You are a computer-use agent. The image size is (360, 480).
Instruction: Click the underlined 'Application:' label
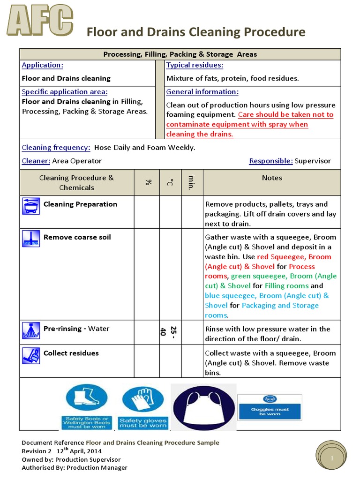pyautogui.click(x=42, y=65)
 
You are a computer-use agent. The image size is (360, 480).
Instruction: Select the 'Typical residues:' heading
pyautogui.click(x=195, y=65)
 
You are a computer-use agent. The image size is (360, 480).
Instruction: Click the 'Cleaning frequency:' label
pyautogui.click(x=56, y=148)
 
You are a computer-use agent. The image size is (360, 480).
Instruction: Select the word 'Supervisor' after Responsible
pyautogui.click(x=313, y=161)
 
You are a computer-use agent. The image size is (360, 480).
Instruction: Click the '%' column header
pyautogui.click(x=148, y=182)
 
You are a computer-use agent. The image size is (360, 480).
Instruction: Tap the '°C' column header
pyautogui.click(x=170, y=182)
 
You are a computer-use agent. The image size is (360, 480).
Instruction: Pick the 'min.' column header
pyautogui.click(x=192, y=182)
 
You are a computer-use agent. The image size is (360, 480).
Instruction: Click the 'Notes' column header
pyautogui.click(x=272, y=178)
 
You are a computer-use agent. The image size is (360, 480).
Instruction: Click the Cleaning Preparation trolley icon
pyautogui.click(x=31, y=206)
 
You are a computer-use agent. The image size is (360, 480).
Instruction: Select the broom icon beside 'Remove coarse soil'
pyautogui.click(x=31, y=239)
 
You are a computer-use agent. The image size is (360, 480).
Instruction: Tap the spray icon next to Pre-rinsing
pyautogui.click(x=31, y=330)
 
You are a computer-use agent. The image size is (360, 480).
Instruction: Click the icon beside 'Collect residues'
pyautogui.click(x=31, y=355)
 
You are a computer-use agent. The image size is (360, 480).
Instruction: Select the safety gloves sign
pyautogui.click(x=143, y=407)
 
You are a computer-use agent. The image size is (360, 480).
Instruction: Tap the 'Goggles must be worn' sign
pyautogui.click(x=270, y=406)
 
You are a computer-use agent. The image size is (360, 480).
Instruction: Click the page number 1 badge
pyautogui.click(x=331, y=457)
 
